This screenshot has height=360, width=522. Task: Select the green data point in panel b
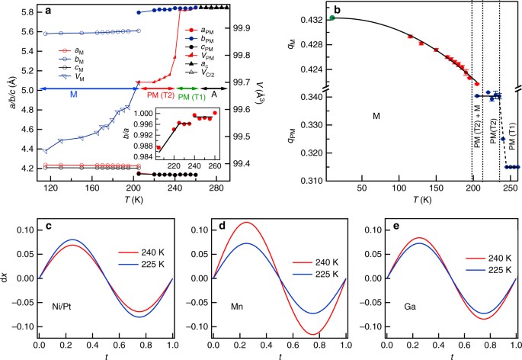333,17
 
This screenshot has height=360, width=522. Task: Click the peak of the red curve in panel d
224,223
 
